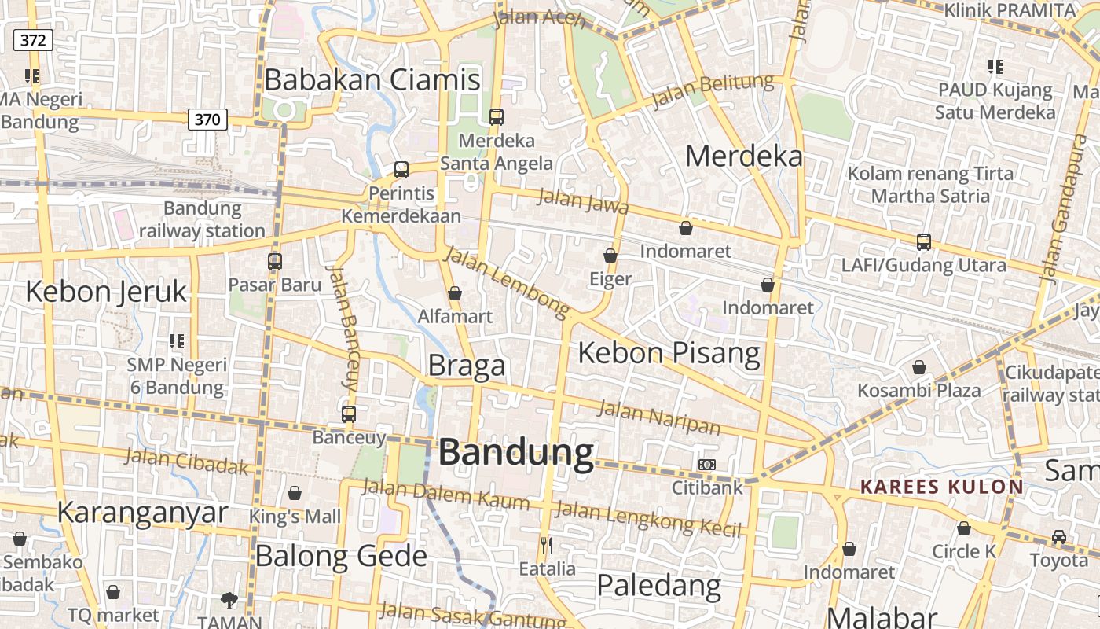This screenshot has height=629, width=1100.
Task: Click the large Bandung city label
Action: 516,453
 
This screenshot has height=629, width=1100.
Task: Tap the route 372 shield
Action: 33,40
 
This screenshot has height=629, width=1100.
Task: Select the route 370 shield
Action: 207,120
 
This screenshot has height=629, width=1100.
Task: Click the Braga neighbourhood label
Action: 467,366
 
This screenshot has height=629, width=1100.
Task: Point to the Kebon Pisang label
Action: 669,353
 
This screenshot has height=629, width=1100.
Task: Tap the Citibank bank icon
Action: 707,465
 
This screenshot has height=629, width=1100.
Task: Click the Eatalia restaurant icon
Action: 547,545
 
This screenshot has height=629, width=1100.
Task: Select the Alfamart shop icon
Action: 454,293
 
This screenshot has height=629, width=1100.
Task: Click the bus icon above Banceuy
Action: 349,414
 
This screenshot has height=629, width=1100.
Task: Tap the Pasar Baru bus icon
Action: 274,262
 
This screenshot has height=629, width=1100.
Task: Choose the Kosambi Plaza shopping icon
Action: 918,367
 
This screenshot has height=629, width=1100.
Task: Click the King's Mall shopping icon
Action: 295,493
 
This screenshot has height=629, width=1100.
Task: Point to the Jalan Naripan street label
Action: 659,417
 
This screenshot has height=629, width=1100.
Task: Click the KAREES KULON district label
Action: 942,487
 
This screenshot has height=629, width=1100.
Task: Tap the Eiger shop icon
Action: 610,256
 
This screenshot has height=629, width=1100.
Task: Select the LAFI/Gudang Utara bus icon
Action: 924,242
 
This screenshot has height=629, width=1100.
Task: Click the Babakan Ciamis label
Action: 372,80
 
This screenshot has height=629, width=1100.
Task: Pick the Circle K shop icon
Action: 964,528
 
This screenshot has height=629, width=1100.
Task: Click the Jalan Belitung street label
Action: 713,90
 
